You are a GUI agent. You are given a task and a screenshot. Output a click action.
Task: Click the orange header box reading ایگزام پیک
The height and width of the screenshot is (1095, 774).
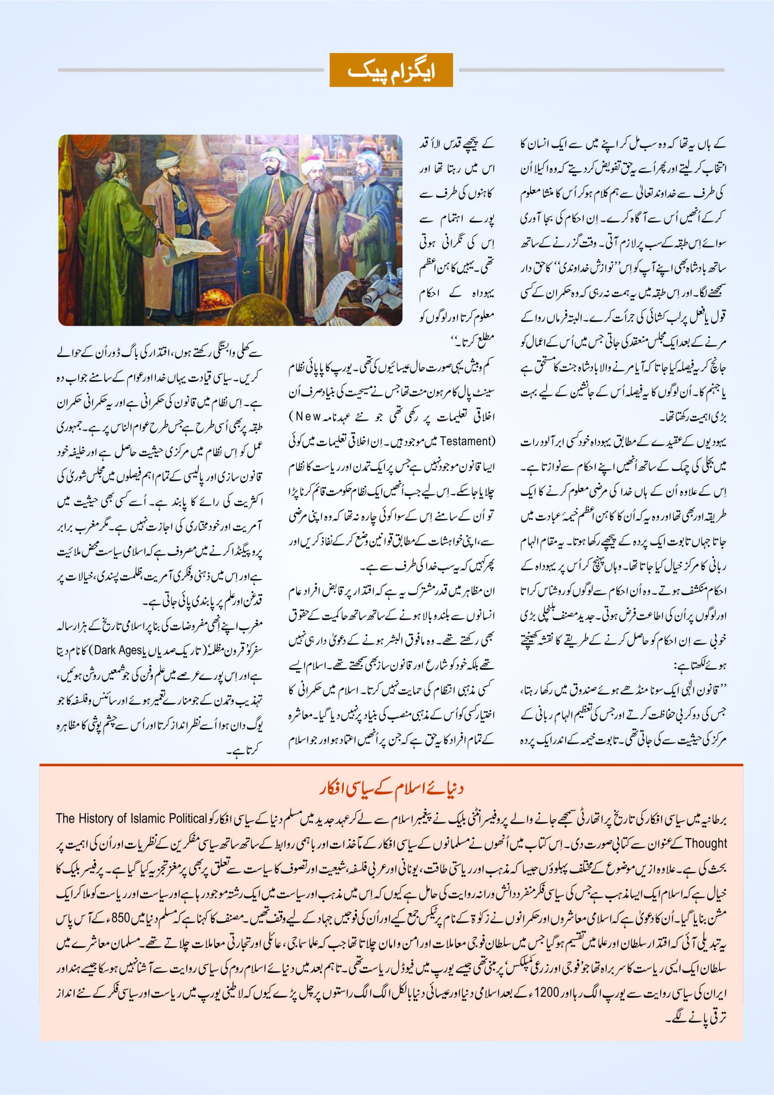(391, 70)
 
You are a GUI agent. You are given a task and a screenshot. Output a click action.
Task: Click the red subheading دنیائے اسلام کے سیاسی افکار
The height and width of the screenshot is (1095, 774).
(391, 788)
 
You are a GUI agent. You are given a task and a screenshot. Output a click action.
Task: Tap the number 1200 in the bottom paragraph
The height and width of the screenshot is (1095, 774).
(546, 992)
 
